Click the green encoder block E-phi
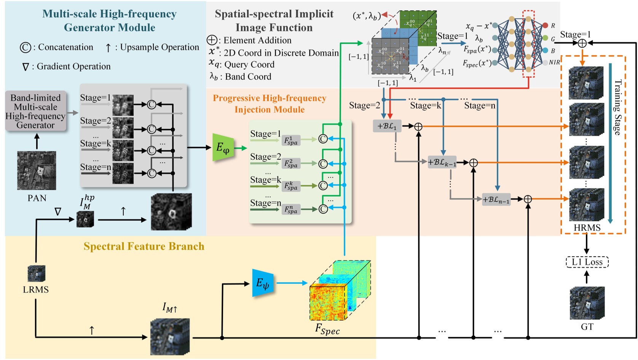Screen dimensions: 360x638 [223, 148]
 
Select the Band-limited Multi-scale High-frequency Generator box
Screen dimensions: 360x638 [35, 112]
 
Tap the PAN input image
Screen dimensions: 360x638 [37, 170]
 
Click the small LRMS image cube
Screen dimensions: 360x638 [37, 274]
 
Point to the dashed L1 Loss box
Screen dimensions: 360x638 [587, 262]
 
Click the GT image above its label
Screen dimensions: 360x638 [587, 303]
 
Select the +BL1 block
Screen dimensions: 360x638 [387, 126]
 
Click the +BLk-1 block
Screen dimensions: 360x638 [442, 162]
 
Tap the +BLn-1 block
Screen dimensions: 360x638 [496, 199]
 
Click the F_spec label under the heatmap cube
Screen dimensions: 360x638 [327, 329]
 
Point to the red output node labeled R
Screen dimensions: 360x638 [545, 25]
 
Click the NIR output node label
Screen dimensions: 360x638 [554, 62]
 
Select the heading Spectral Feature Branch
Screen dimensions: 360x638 [144, 246]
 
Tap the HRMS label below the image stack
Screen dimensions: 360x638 [587, 228]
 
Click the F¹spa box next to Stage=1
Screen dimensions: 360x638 [291, 140]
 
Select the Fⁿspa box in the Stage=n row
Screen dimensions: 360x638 [291, 209]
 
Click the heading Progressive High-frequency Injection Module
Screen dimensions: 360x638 [270, 104]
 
